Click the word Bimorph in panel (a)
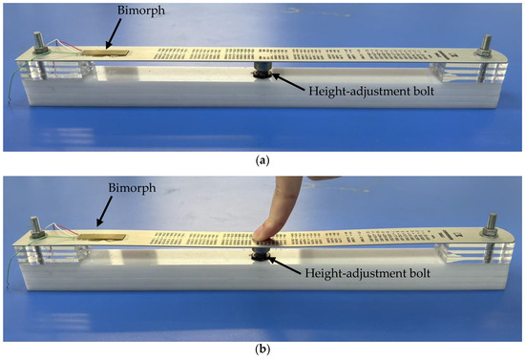click(141, 11)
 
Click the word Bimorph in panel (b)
click(133, 188)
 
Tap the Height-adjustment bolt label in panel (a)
click(371, 91)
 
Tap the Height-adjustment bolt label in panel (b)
click(367, 273)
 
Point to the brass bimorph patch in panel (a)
click(105, 53)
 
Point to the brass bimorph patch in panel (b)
click(102, 237)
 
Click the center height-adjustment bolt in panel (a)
click(262, 70)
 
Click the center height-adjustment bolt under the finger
click(262, 253)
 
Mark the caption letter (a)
click(262, 161)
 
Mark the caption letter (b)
click(262, 349)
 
